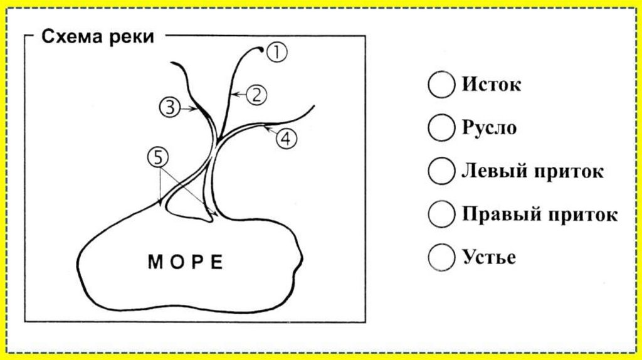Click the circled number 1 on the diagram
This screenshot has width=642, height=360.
click(x=276, y=53)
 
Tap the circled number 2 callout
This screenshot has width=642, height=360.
click(x=256, y=95)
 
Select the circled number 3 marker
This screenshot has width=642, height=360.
click(x=170, y=107)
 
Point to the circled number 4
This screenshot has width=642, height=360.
click(x=285, y=139)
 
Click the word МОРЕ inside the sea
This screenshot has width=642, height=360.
click(x=186, y=262)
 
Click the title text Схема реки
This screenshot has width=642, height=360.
click(x=98, y=37)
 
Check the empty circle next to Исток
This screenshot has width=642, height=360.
click(x=441, y=85)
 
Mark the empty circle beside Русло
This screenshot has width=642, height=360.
click(x=441, y=128)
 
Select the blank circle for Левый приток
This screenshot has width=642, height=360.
click(x=441, y=171)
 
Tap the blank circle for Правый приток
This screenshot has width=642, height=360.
click(x=441, y=214)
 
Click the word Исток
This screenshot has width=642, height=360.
click(x=492, y=85)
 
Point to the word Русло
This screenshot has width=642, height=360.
click(x=490, y=128)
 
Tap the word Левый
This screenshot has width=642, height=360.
click(x=491, y=171)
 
